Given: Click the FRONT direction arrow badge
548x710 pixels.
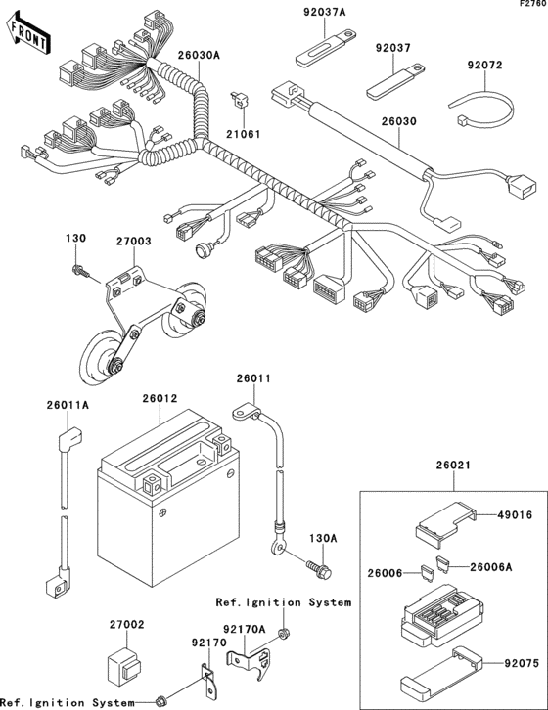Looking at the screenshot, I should tap(29, 35).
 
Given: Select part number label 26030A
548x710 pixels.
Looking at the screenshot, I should tap(199, 56).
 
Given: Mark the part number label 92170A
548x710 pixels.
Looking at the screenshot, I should tap(245, 631).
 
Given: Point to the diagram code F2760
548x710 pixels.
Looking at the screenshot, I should tap(529, 6).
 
